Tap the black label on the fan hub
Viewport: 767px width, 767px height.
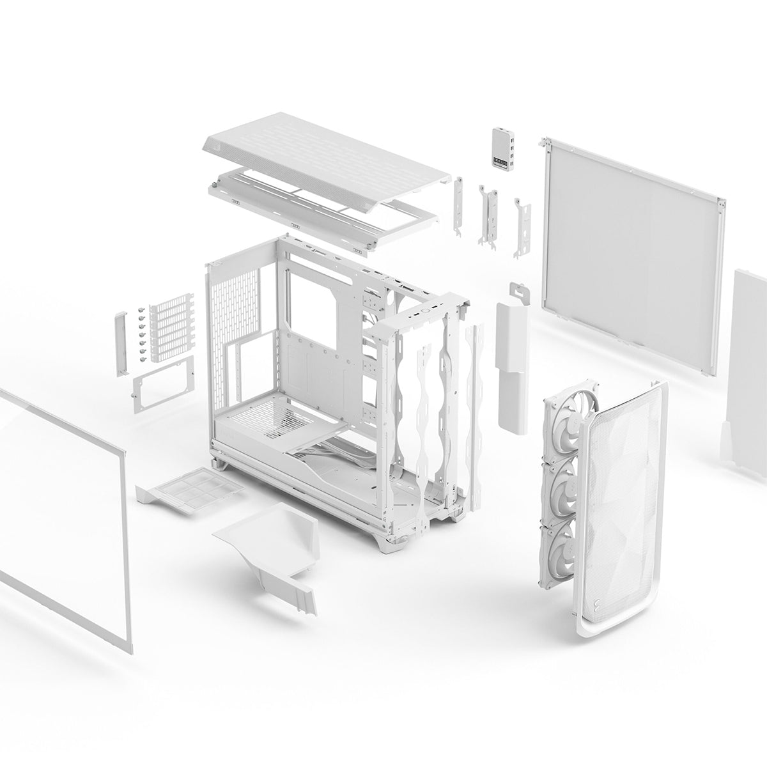[x=497, y=157]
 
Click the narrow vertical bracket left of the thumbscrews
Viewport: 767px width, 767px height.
[x=121, y=343]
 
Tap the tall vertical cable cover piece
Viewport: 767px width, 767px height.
[x=513, y=364]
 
